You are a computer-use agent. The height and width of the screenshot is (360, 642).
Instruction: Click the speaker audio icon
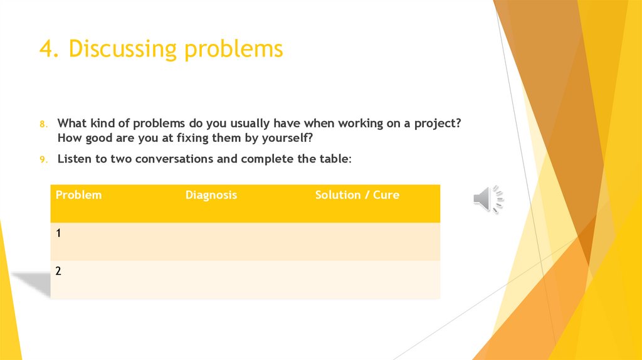488,199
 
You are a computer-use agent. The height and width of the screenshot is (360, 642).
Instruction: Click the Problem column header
78,195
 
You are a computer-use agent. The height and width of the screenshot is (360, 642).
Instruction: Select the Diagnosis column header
211,195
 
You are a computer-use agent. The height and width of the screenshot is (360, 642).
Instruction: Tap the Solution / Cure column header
357,195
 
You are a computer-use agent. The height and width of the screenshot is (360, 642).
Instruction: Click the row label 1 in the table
58,233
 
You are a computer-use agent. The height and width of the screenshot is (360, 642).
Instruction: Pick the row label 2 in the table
58,271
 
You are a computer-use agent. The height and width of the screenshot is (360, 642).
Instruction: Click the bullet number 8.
44,124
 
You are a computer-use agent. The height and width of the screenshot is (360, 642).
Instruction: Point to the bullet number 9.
44,160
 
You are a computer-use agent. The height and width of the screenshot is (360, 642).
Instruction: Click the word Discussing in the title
124,49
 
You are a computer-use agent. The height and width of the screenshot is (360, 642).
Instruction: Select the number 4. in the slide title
50,49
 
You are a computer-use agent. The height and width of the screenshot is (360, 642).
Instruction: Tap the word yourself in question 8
285,137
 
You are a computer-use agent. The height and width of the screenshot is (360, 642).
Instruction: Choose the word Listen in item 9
75,159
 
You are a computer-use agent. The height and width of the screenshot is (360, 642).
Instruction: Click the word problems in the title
233,49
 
